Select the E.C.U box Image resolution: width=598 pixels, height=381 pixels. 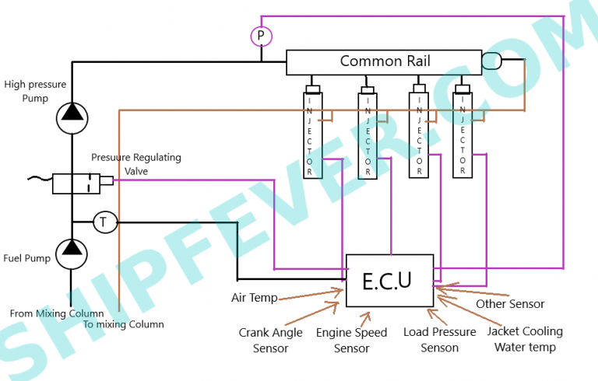(x=389, y=281)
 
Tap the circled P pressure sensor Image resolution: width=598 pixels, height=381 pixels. (x=260, y=35)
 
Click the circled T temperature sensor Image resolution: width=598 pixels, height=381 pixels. (x=104, y=222)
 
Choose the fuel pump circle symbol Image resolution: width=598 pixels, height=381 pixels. (x=72, y=252)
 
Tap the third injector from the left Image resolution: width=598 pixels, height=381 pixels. (x=419, y=134)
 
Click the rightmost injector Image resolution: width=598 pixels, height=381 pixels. (x=463, y=134)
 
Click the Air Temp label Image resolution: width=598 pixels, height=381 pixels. (x=255, y=298)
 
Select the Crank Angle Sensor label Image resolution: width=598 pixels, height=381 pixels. (x=270, y=340)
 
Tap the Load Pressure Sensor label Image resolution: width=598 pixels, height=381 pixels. (x=439, y=340)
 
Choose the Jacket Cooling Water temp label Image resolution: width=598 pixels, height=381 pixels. (x=525, y=339)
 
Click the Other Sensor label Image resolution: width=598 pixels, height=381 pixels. (x=510, y=304)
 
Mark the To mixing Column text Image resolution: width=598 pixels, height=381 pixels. (x=124, y=324)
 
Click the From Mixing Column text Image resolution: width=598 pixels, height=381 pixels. (x=57, y=313)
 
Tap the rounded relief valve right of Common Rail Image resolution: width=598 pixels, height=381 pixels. (x=493, y=61)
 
